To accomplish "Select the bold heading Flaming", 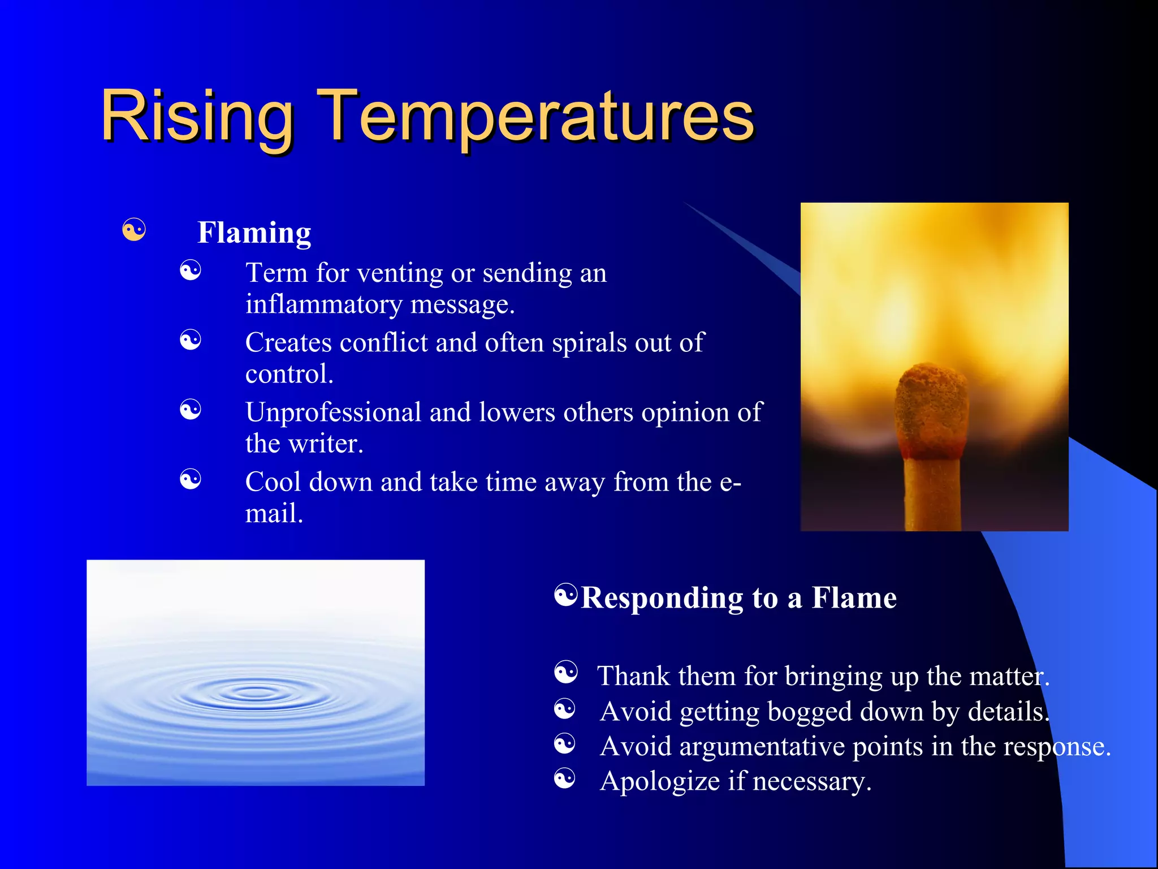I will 254,233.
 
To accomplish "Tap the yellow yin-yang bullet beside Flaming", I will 134,230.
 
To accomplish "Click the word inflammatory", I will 323,304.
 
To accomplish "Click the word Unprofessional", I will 333,412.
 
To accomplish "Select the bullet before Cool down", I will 191,480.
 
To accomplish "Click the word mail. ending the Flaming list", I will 274,514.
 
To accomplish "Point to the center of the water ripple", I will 255,691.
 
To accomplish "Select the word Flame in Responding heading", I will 854,598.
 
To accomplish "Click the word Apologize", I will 659,782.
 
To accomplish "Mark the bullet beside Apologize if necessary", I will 565,778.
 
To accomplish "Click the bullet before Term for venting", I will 191,270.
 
